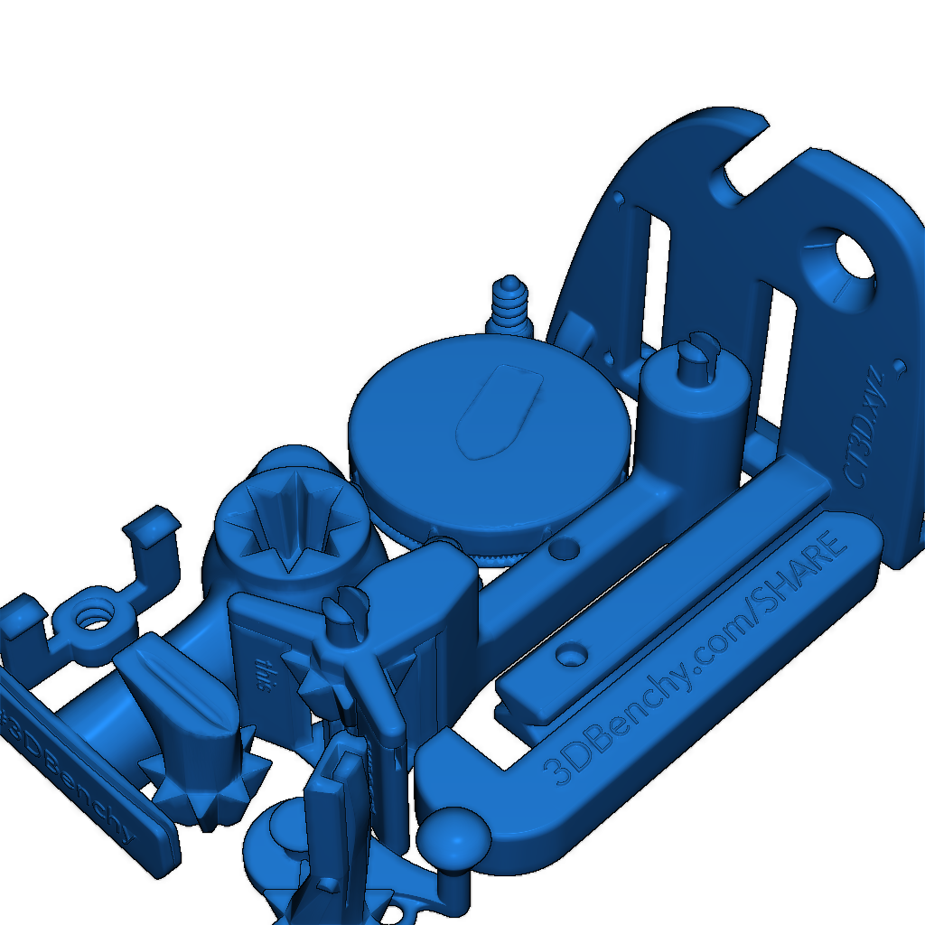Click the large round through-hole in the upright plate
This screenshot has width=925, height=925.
pos(854,257)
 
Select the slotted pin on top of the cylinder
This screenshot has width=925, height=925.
pos(699,353)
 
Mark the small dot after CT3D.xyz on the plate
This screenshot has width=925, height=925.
pos(899,366)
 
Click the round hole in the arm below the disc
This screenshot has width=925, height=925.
pos(567,547)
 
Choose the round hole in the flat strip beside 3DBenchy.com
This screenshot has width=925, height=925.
pos(571,653)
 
